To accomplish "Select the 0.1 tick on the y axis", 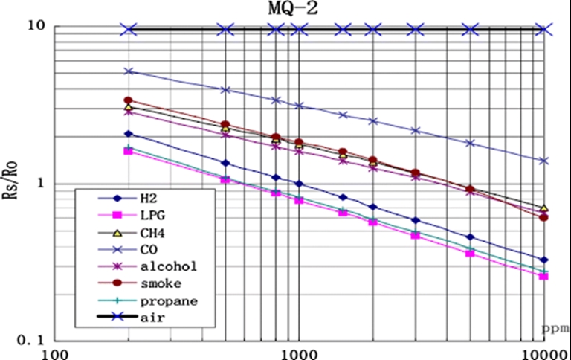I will (30, 341).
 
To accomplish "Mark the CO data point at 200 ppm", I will (129, 71).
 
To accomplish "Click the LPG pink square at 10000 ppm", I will (543, 276).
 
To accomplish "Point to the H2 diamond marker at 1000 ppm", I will (299, 184).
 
